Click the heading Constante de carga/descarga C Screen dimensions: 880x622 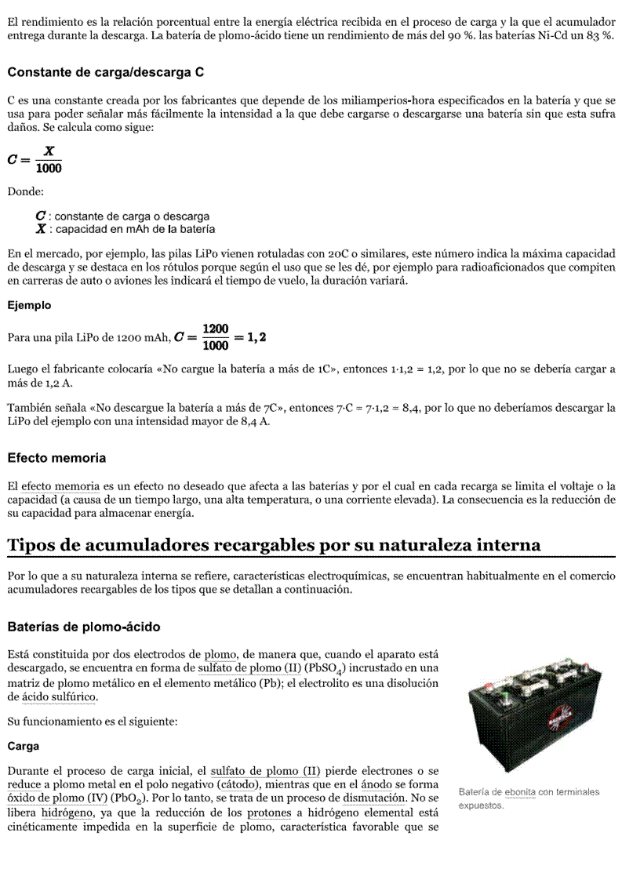tap(106, 72)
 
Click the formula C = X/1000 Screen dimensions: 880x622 tap(35, 159)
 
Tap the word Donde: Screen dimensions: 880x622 tap(26, 191)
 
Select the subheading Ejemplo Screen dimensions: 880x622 tap(29, 305)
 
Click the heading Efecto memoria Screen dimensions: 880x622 tap(56, 457)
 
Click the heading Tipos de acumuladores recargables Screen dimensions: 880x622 tap(274, 544)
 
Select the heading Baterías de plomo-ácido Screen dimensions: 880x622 tap(84, 627)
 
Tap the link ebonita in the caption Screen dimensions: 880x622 tap(519, 792)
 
